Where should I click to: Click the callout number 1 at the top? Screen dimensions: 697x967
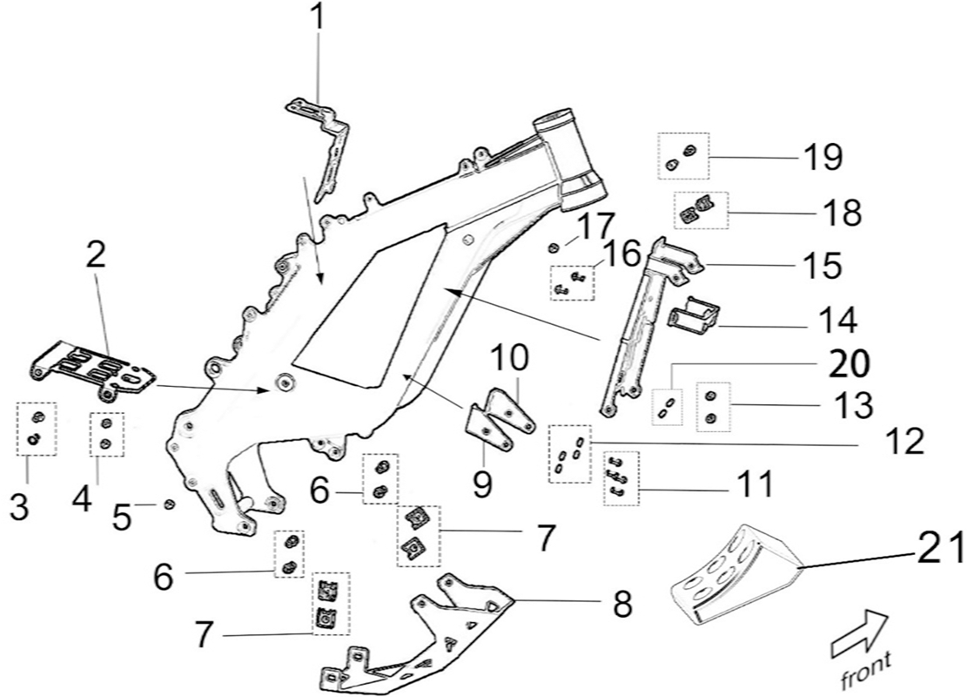318,17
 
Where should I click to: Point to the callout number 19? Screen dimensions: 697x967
822,158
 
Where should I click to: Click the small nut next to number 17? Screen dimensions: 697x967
554,247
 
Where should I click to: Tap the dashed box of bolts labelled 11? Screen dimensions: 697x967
621,478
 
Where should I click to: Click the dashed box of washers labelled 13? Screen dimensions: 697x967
713,407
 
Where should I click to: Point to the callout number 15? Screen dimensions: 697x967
823,265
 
